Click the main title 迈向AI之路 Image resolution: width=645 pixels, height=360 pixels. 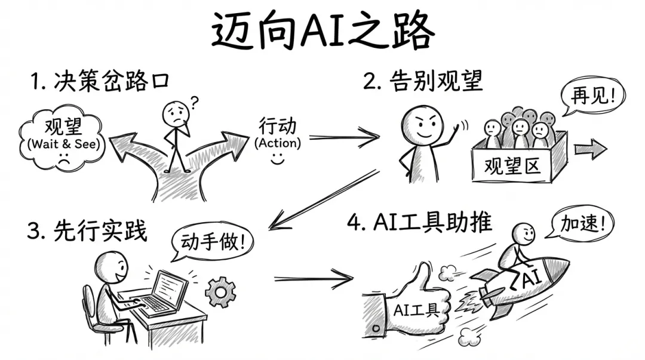click(x=322, y=31)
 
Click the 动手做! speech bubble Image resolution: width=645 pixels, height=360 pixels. click(x=213, y=241)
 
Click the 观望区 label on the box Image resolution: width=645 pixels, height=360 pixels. click(x=512, y=164)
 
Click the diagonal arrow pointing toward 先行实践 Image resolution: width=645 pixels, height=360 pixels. click(x=322, y=200)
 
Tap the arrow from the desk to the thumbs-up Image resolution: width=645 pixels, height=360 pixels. click(x=313, y=277)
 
